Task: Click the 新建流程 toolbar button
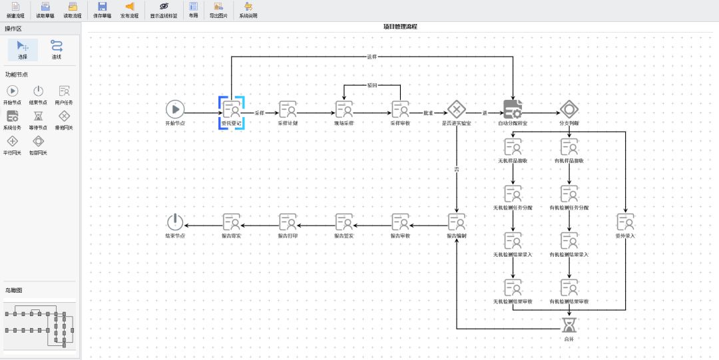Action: [x=15, y=9]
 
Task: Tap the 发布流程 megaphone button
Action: [x=130, y=9]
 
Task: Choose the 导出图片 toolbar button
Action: [x=218, y=9]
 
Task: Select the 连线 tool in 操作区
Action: [x=57, y=49]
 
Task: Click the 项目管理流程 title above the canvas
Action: [x=400, y=27]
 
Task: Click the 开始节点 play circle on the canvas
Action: [x=174, y=109]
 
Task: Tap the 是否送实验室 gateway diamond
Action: [x=457, y=109]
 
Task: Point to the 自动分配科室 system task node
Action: [x=513, y=109]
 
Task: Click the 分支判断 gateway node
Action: [x=569, y=109]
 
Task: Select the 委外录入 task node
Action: [x=625, y=222]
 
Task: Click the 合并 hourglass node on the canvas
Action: [x=569, y=325]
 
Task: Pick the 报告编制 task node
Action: [x=457, y=222]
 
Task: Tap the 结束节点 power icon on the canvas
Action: [x=174, y=222]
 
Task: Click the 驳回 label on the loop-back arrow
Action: [x=372, y=86]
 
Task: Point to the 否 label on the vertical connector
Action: [x=457, y=171]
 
